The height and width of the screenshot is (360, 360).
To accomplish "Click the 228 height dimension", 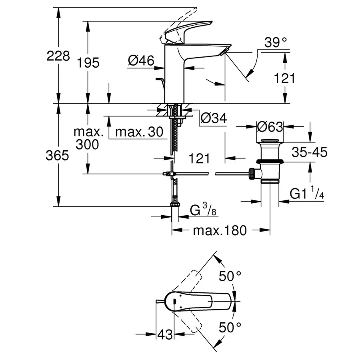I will pos(58,56).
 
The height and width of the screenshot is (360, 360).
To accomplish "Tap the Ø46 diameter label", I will pos(141,61).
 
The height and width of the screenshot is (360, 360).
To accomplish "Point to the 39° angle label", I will pos(276,42).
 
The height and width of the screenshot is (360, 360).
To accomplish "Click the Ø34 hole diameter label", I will pos(213,118).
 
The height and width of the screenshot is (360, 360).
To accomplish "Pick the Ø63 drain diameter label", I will pos(270,127).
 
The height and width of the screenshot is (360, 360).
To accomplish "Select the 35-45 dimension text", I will pos(309,152).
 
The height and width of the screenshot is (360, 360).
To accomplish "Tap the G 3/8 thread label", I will pos(204,210).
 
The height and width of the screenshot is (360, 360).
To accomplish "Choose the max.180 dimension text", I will pos(220,230).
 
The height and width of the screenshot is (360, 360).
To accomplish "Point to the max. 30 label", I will pos(140,131).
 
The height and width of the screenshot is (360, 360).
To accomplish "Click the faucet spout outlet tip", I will pos(225,50).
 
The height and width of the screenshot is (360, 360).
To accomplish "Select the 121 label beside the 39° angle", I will pos(284,78).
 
